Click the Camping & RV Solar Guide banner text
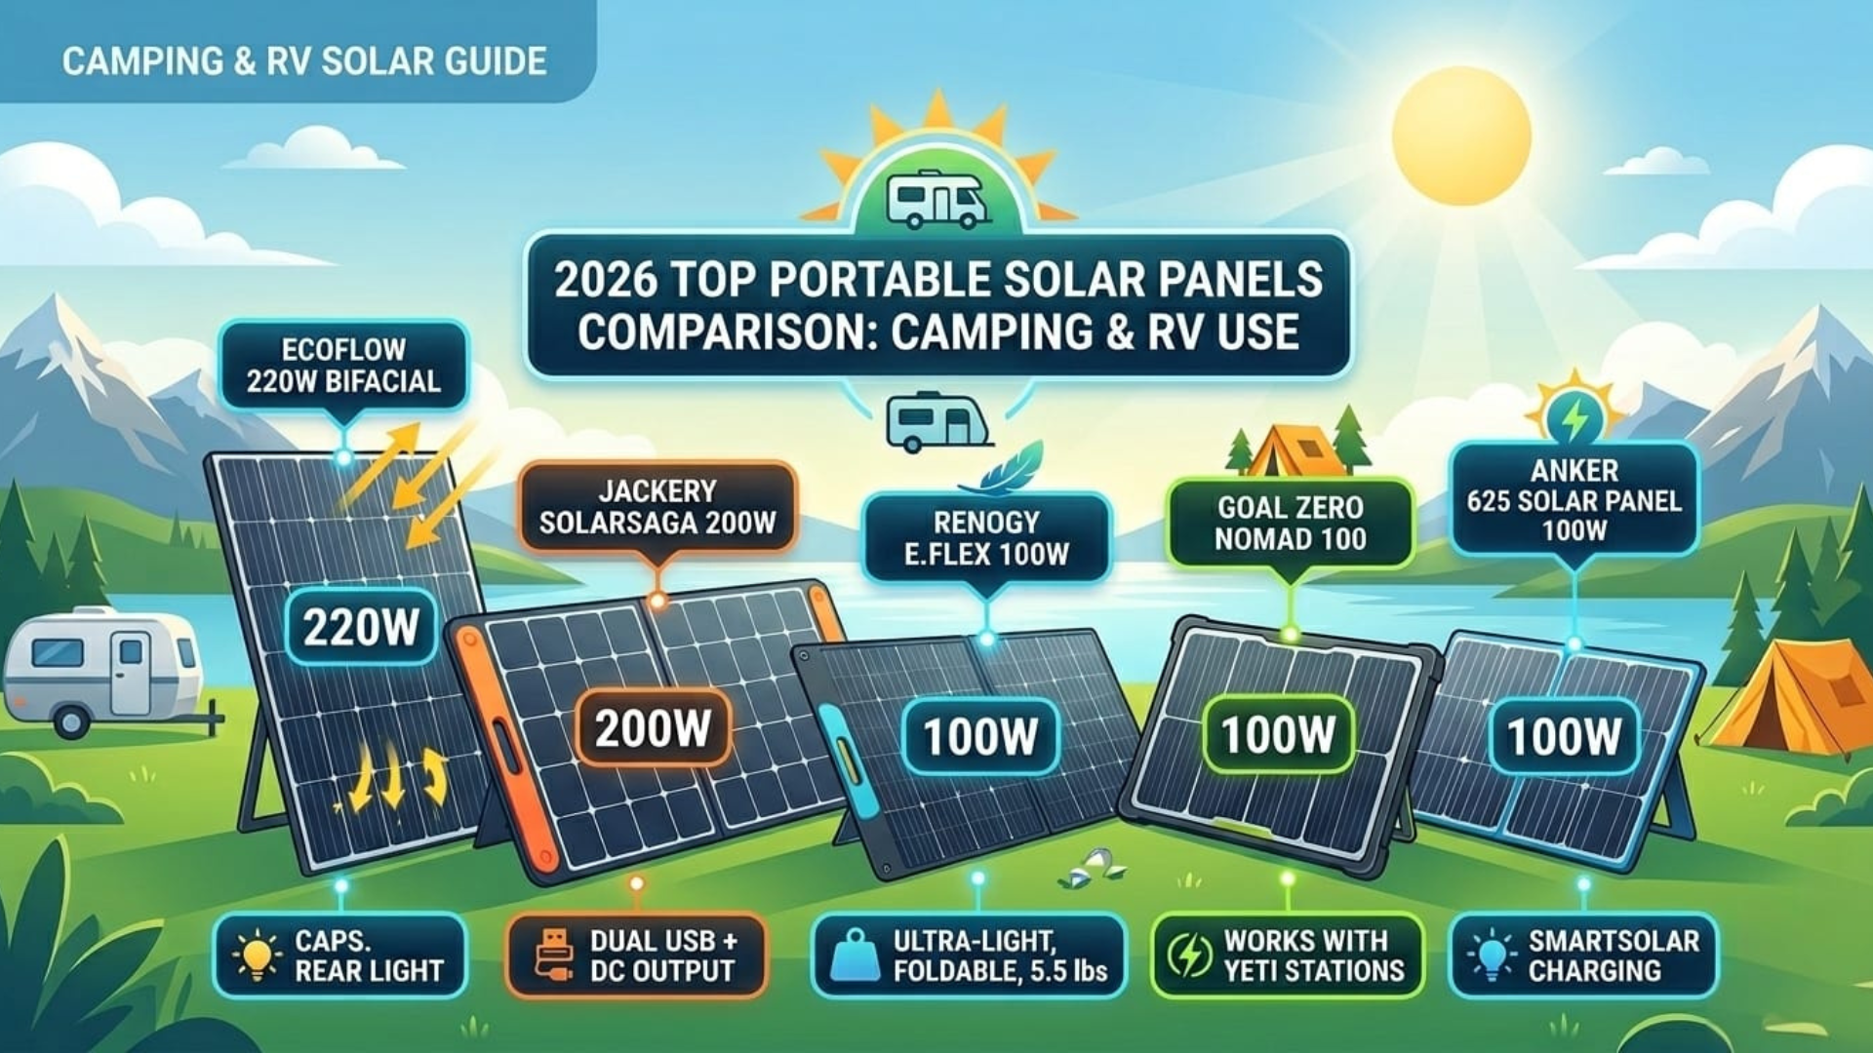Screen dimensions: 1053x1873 303,61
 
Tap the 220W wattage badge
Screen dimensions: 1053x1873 360,627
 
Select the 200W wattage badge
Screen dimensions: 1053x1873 652,727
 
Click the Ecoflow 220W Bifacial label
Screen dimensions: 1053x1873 343,366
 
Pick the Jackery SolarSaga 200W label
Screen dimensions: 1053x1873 657,507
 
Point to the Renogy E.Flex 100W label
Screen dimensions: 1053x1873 986,538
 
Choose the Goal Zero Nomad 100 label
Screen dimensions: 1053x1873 1290,523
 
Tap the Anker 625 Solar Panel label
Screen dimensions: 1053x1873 1574,500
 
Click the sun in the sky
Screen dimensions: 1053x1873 1460,135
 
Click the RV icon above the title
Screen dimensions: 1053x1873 937,199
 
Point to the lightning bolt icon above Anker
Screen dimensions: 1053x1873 1574,417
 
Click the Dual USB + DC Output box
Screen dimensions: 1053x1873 636,955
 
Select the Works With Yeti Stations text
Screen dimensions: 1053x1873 1313,955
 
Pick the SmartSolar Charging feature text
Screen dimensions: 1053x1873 1613,955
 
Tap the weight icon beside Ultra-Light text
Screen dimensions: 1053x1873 855,955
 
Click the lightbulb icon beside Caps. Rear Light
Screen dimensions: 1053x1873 257,955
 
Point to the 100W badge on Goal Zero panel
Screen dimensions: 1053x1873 1277,734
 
